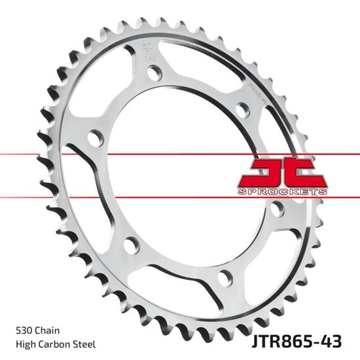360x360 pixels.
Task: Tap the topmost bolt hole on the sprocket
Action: [x=154, y=73]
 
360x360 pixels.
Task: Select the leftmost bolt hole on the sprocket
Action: [x=95, y=138]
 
